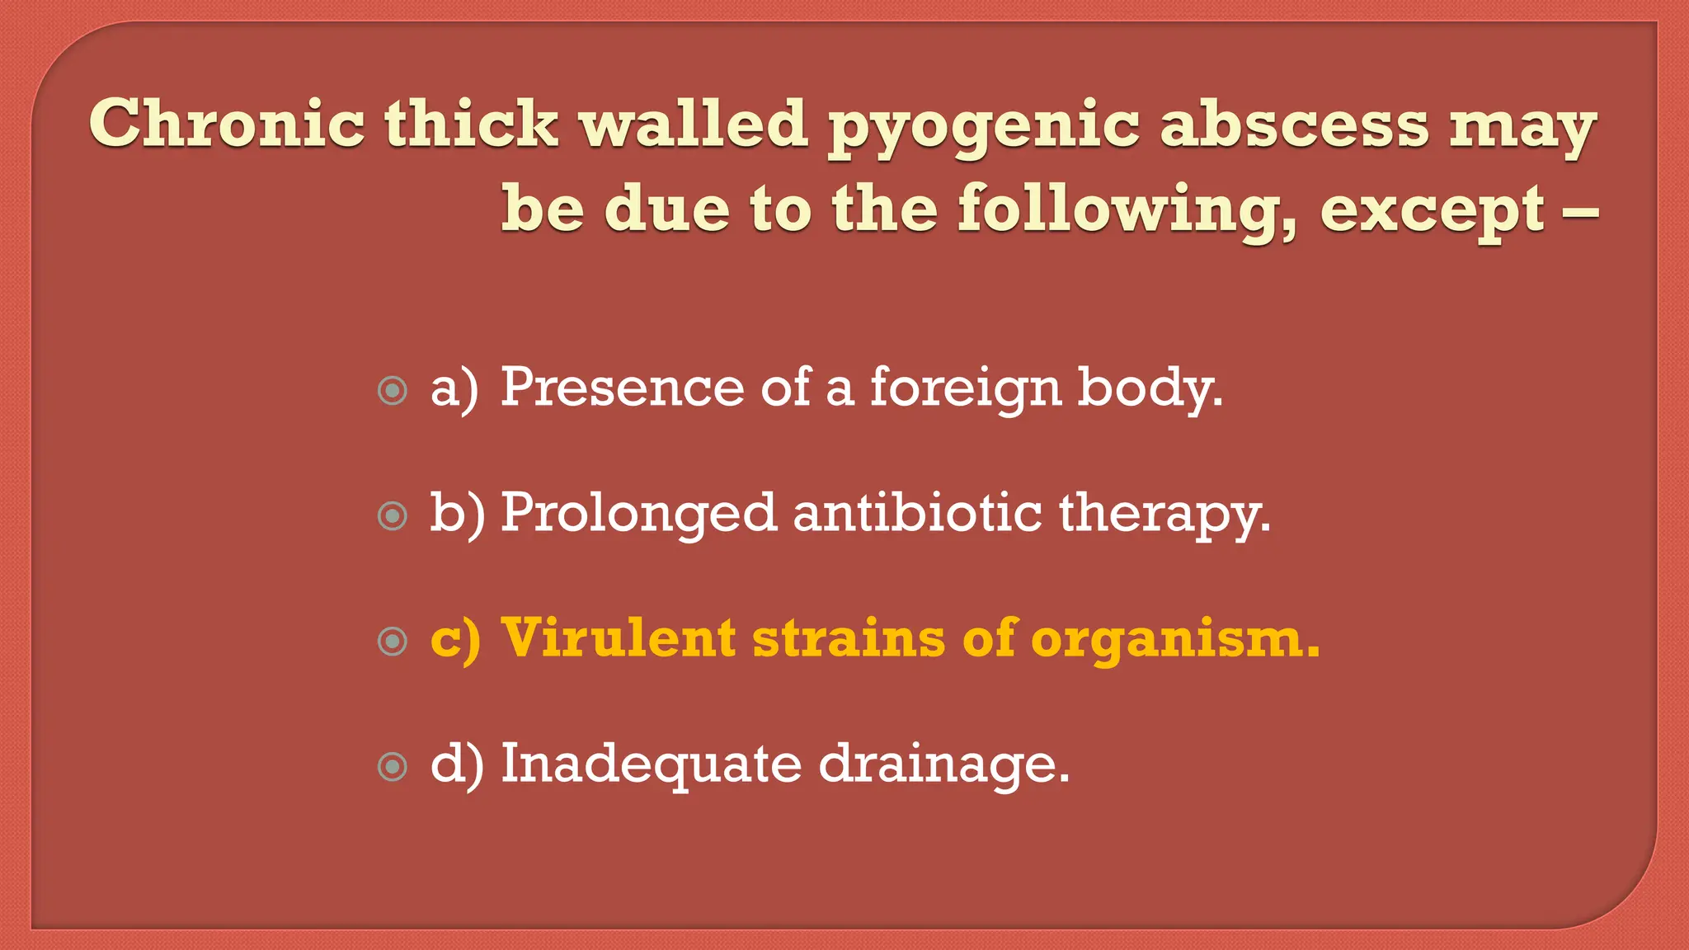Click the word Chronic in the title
tap(227, 124)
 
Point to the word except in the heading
tap(1433, 211)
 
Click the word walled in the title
tap(693, 124)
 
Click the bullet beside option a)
tap(393, 390)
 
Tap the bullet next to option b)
tap(393, 515)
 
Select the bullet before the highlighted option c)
tap(393, 641)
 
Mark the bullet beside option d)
tap(393, 766)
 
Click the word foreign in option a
tap(966, 388)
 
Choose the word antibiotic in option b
tap(918, 513)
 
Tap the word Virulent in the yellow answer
tap(619, 638)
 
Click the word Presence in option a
tap(623, 387)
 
